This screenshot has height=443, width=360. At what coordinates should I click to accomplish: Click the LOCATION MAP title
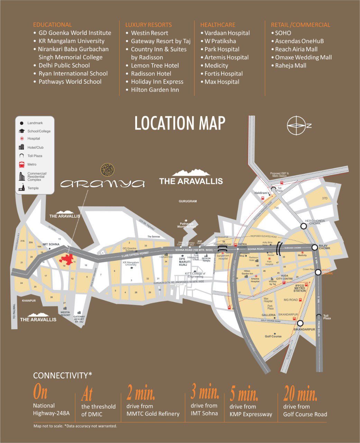(180, 124)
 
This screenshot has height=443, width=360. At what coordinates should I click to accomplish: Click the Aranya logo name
(102, 183)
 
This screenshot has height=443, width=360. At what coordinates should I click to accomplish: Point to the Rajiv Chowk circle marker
(315, 247)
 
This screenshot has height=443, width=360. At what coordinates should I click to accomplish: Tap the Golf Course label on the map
(273, 336)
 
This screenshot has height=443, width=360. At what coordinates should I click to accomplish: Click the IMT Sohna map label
(51, 244)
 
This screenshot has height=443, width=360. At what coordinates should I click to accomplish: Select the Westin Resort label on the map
(65, 314)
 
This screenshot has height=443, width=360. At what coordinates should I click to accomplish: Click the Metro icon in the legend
(21, 165)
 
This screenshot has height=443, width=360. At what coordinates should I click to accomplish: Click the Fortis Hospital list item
(223, 74)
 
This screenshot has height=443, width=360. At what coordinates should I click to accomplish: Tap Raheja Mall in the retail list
(290, 65)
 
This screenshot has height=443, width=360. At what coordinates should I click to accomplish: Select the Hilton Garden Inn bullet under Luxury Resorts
(155, 90)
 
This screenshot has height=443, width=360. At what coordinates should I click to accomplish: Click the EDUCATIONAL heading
(53, 25)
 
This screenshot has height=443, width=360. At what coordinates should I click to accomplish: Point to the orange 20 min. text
(300, 393)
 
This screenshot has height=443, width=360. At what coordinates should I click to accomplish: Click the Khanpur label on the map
(29, 301)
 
